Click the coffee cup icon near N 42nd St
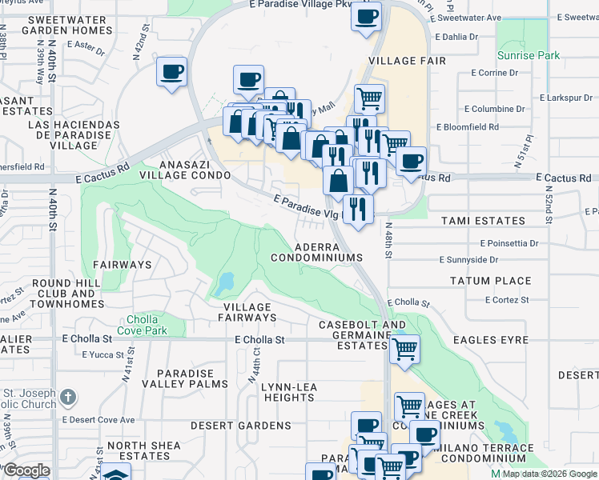tap(172, 72)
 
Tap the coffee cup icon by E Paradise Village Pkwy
tap(367, 16)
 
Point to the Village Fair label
tap(403, 61)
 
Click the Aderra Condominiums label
tap(316, 253)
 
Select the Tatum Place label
tap(490, 281)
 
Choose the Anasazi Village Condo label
tap(185, 169)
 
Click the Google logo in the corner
tap(26, 470)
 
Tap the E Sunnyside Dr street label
tap(468, 259)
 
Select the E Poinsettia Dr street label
tap(512, 242)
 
